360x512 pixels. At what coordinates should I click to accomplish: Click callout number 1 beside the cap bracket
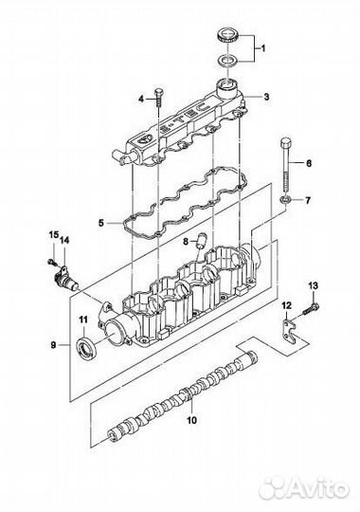pos(262,48)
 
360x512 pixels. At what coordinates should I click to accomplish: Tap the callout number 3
pos(266,97)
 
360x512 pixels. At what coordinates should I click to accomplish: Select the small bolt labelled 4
pos(158,97)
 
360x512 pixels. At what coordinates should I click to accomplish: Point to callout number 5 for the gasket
pos(101,224)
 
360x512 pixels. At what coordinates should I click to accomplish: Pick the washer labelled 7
pos(283,200)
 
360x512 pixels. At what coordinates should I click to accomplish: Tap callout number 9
pos(54,345)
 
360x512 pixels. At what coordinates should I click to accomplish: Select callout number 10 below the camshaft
pos(192,420)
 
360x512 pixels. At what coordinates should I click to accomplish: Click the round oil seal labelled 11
pos(86,348)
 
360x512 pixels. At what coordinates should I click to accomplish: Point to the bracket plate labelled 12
pos(289,332)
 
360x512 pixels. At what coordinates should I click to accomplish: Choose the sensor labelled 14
pos(65,278)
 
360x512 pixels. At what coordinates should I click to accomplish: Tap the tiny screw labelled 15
pos(51,262)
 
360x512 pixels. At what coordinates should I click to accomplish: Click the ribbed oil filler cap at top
pos(228,35)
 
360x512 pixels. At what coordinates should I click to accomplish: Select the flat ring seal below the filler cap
pos(228,61)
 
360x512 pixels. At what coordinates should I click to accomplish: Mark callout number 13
pos(313,285)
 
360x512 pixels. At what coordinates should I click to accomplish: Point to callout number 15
pos(54,234)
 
